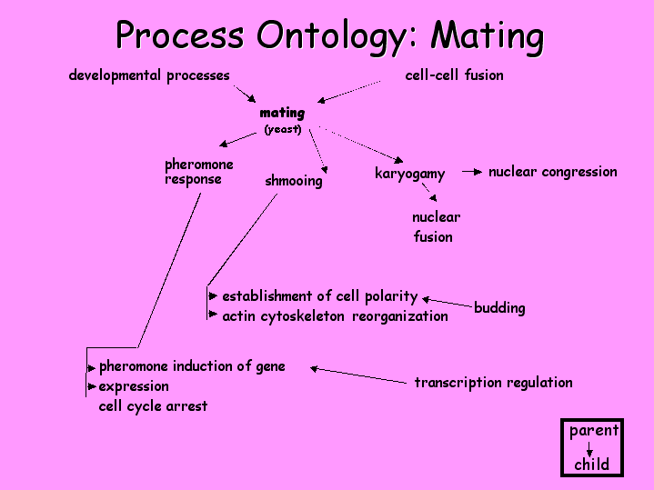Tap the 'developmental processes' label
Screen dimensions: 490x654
click(149, 75)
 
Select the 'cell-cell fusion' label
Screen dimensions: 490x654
click(454, 75)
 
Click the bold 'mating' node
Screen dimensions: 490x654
click(282, 114)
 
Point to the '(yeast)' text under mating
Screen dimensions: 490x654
click(283, 129)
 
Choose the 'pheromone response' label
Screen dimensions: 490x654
click(198, 172)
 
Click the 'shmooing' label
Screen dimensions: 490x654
click(293, 181)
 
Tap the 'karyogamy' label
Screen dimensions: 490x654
click(409, 174)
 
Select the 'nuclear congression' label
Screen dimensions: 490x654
click(552, 171)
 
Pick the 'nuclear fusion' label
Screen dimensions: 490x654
click(435, 227)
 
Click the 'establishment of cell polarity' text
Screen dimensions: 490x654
click(319, 296)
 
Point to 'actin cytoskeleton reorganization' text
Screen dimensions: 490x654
click(335, 316)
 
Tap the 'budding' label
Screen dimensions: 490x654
click(499, 308)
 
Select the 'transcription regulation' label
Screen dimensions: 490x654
click(493, 382)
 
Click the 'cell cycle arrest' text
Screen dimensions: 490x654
click(153, 406)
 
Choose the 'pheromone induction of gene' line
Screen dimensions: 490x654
click(192, 366)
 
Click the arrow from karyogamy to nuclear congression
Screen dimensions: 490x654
click(471, 171)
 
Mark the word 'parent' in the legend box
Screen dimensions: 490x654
click(593, 431)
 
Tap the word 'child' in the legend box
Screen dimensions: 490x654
click(591, 465)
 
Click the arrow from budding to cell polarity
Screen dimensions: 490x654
click(448, 302)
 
